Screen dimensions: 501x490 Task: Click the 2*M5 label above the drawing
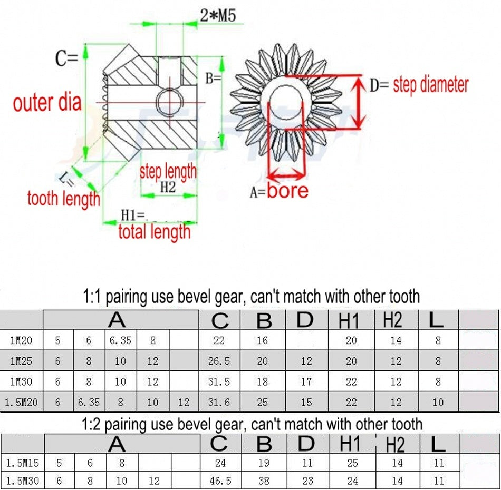coord(218,15)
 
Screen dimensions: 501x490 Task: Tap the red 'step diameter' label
coord(430,85)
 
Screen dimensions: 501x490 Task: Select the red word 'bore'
coord(287,191)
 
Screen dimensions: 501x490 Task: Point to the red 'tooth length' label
coord(64,199)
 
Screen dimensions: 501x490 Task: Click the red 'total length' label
coord(155,232)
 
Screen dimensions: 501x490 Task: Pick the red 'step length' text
coord(168,172)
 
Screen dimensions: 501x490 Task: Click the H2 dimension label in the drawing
coord(168,187)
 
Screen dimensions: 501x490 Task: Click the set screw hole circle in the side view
coord(170,103)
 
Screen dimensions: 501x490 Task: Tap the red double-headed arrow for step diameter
coord(360,102)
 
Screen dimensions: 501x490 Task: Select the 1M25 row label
coord(21,361)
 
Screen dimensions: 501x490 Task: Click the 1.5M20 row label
coord(21,402)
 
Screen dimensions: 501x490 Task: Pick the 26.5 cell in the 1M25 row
coord(219,361)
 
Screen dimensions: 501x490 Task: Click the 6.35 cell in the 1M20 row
coord(120,340)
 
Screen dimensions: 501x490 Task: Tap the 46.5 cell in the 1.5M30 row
coord(220,481)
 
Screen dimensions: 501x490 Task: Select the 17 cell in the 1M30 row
coord(306,381)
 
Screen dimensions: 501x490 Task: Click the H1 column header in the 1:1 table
coord(349,320)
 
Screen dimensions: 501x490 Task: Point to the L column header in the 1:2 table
coord(438,444)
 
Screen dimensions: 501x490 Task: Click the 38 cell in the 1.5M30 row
coord(264,481)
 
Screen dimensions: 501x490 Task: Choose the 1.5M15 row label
coord(22,463)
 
